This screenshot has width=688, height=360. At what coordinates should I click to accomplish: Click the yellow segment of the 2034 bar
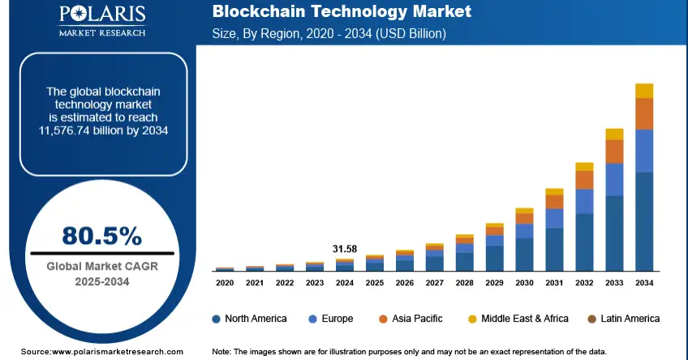644,90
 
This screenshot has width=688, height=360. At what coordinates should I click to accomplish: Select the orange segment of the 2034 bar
644,114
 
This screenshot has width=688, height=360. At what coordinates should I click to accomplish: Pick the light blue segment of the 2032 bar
584,201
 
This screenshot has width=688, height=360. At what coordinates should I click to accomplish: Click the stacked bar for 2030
524,240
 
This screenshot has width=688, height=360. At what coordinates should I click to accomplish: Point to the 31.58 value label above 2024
345,248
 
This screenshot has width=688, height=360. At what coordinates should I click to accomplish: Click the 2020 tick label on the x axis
225,283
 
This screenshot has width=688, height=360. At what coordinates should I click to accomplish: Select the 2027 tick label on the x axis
435,283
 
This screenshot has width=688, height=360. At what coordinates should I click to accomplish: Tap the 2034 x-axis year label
644,283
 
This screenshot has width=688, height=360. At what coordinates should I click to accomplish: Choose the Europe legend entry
332,319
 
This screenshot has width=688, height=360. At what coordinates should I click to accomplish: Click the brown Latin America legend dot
592,319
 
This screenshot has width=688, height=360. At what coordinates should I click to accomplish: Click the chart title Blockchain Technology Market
341,13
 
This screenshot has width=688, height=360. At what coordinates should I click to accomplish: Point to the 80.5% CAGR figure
102,236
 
